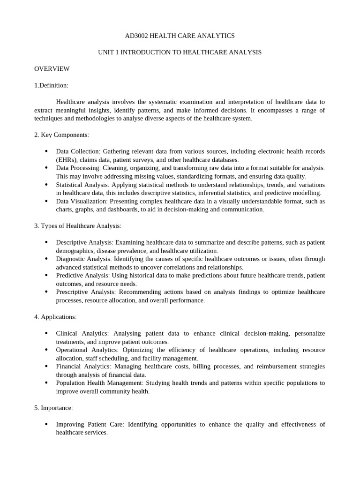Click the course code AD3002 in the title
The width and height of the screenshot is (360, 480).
[137, 36]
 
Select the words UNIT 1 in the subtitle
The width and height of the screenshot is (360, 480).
[109, 52]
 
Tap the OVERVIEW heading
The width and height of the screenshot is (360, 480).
[52, 69]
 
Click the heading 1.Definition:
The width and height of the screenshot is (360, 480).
[51, 85]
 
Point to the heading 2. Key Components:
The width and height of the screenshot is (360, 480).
[61, 135]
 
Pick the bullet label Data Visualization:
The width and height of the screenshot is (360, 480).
[82, 201]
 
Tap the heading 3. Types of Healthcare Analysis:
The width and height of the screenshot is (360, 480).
[78, 226]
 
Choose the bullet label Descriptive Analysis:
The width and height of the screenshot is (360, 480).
[84, 242]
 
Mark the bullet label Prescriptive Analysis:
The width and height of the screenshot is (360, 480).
[86, 292]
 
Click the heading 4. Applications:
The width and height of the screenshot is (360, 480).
[55, 317]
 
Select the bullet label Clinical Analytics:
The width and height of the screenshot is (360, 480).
[82, 333]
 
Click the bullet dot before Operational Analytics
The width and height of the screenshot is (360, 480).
[46, 350]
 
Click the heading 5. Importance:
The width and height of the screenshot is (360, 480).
[53, 408]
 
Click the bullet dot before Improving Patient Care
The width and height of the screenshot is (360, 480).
[46, 424]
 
